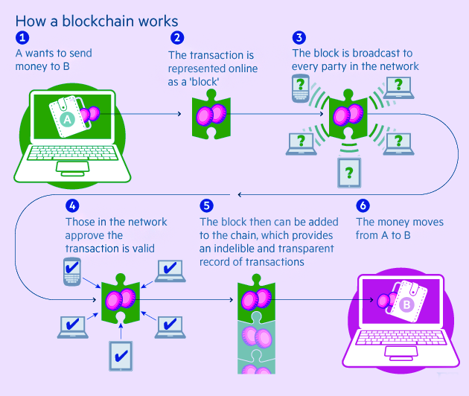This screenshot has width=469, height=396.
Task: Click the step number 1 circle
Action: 22,38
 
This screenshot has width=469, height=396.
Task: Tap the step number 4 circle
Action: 72,205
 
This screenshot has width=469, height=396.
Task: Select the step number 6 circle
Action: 363,205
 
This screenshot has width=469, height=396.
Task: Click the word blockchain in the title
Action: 98,22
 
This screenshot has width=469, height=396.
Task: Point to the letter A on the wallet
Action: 67,120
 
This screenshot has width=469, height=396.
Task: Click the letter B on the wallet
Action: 406,304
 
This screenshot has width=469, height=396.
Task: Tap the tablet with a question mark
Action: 349,173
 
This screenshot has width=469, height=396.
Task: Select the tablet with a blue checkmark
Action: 121,356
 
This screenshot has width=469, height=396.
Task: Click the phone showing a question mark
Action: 300,89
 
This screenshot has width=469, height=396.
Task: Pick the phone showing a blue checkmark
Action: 72,272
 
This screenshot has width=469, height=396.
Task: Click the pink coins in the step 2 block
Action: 211,115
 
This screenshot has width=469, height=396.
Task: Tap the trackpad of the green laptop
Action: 72,167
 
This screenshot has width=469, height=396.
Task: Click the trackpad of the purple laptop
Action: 401,352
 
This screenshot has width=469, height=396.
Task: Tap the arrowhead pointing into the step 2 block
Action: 179,114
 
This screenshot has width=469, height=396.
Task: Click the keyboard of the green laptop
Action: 72,153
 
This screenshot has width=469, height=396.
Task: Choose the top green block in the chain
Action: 256,299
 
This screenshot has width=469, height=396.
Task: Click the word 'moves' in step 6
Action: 428,223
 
